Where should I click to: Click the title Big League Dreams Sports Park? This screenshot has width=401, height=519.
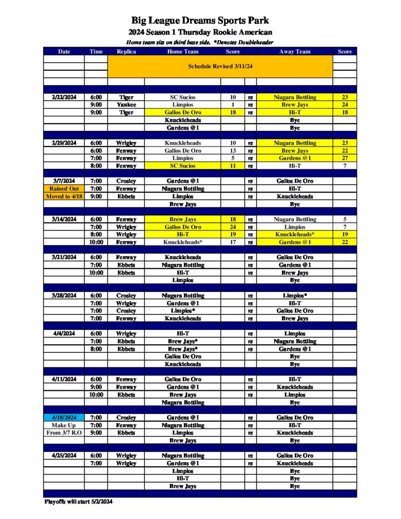pyautogui.click(x=200, y=21)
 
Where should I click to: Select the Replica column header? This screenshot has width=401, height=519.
pyautogui.click(x=126, y=51)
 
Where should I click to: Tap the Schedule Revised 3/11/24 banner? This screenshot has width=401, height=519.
pyautogui.click(x=220, y=66)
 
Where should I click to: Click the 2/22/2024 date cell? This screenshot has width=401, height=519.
pyautogui.click(x=64, y=97)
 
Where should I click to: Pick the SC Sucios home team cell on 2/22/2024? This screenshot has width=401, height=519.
pyautogui.click(x=183, y=97)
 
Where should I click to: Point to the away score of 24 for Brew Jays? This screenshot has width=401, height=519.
pyautogui.click(x=345, y=105)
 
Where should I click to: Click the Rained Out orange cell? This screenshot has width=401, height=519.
pyautogui.click(x=64, y=189)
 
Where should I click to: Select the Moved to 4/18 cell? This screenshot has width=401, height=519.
pyautogui.click(x=64, y=196)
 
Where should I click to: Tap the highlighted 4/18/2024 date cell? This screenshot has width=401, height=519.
pyautogui.click(x=64, y=418)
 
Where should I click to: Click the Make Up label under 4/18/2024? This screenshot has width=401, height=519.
pyautogui.click(x=64, y=425)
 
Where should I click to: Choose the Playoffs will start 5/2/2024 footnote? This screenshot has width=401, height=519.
pyautogui.click(x=78, y=502)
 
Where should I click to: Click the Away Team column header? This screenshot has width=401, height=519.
pyautogui.click(x=295, y=51)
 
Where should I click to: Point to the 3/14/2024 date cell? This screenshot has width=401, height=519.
pyautogui.click(x=64, y=219)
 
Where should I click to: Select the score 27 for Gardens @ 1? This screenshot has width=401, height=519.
pyautogui.click(x=345, y=158)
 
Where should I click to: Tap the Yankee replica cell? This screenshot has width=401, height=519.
pyautogui.click(x=126, y=105)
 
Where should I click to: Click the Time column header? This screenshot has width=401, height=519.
pyautogui.click(x=96, y=51)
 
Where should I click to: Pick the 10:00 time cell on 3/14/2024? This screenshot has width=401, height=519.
pyautogui.click(x=96, y=242)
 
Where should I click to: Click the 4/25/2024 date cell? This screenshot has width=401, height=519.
pyautogui.click(x=64, y=456)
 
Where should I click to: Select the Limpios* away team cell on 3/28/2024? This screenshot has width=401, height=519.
pyautogui.click(x=295, y=295)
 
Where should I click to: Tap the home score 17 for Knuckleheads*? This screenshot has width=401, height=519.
pyautogui.click(x=233, y=242)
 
